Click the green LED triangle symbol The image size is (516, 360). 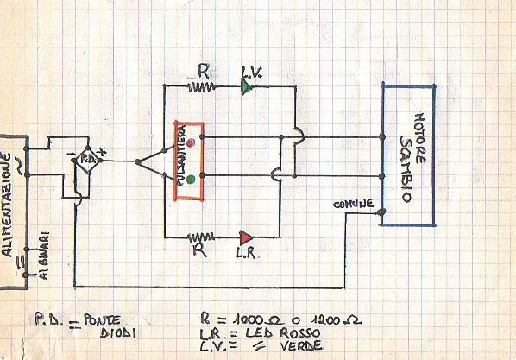click(248, 86)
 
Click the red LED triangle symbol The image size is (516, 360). click(248, 235)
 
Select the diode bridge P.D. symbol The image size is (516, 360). click(85, 161)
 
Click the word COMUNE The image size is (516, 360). click(355, 204)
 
